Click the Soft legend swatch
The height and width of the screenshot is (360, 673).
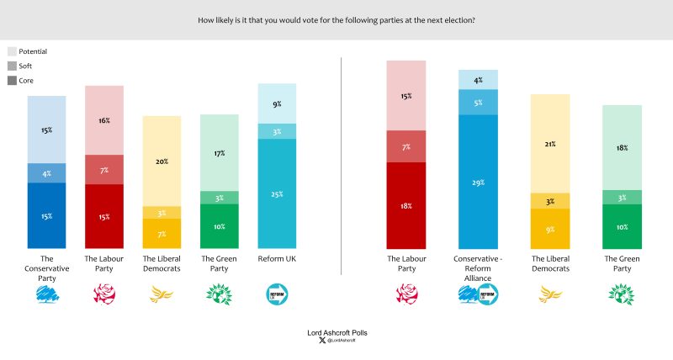pos(13,66)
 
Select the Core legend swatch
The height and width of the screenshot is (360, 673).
pos(13,80)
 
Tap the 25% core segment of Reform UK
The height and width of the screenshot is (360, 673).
pos(277,193)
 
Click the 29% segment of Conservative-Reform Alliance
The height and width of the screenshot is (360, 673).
pos(478,181)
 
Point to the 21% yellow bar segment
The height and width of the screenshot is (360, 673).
pos(549,143)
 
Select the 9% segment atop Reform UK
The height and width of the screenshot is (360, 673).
pos(277,103)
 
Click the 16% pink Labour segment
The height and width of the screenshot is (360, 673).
pos(104,120)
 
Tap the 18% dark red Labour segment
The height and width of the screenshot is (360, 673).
pos(405,205)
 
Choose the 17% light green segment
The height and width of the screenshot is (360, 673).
pos(219,152)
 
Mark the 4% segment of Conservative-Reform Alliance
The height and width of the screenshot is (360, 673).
pos(478,80)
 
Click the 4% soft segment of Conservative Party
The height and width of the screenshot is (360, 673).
pos(47,172)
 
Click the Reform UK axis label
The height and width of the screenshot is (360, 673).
pos(277,259)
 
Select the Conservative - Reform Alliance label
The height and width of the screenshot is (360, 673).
pos(478,264)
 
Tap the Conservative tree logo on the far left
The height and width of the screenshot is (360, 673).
pos(47,293)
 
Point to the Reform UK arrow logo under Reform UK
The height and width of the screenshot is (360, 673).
pos(277,293)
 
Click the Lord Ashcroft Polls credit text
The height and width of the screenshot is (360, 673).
pos(336,333)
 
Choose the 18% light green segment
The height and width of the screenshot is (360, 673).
pos(623,147)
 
